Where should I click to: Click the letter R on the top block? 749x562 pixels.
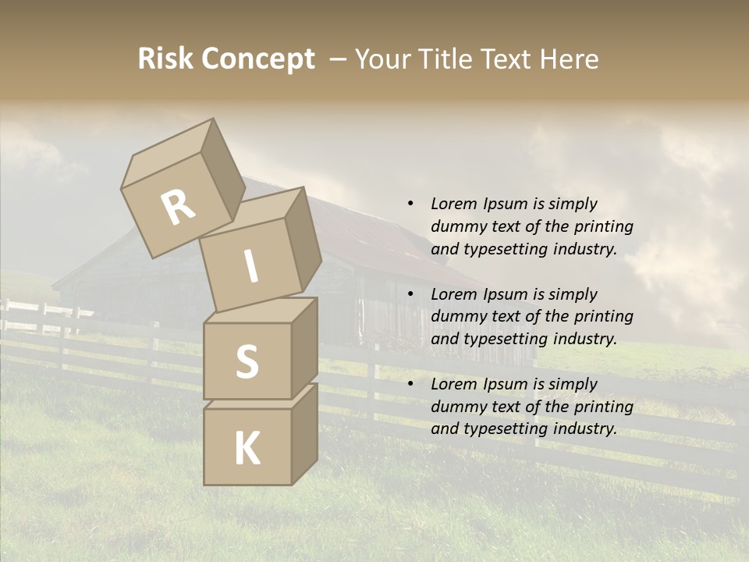pyautogui.click(x=179, y=207)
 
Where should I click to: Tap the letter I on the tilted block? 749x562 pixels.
pyautogui.click(x=250, y=266)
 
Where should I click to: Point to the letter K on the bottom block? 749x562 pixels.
pyautogui.click(x=247, y=449)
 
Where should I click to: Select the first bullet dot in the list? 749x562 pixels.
pyautogui.click(x=410, y=204)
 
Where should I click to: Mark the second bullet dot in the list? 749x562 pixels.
pyautogui.click(x=410, y=294)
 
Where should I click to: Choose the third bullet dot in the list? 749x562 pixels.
pyautogui.click(x=410, y=384)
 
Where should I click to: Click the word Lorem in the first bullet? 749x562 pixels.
pyautogui.click(x=453, y=204)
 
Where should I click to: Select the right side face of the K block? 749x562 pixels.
pyautogui.click(x=304, y=433)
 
